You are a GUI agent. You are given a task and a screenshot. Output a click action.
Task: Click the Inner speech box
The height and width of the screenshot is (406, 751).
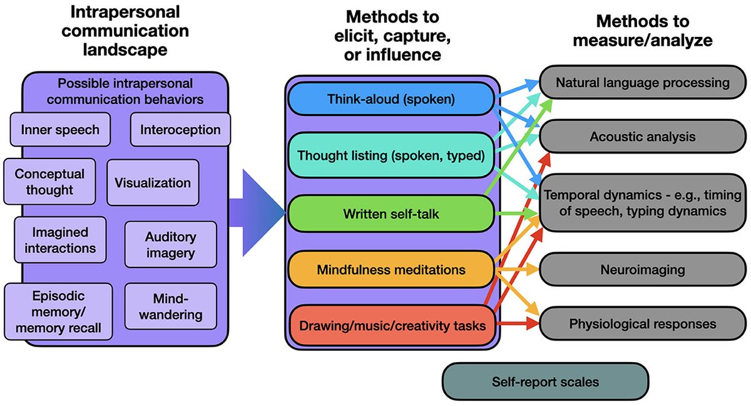[x=60, y=130]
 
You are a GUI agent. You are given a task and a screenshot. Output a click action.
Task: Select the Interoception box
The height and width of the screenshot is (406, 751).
[x=180, y=130]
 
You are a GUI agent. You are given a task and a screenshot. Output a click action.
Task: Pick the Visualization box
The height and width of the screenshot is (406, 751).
[x=153, y=183]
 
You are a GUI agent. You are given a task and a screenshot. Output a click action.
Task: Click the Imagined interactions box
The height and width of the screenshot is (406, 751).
[x=60, y=241]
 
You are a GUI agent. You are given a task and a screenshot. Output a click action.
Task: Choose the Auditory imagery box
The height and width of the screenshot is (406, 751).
[x=170, y=245]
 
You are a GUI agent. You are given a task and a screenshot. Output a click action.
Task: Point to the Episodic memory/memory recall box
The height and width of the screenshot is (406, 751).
[x=58, y=311]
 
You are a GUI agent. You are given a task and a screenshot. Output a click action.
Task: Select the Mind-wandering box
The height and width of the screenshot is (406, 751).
[x=170, y=306]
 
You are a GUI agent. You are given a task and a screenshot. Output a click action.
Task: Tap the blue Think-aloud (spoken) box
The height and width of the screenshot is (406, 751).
[x=391, y=99]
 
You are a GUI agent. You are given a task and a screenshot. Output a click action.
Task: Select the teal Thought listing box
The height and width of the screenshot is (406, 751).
[x=391, y=155]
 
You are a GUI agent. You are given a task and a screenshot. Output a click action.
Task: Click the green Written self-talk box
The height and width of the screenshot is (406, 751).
[x=391, y=214]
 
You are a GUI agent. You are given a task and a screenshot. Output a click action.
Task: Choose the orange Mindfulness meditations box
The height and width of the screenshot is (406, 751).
[x=391, y=270]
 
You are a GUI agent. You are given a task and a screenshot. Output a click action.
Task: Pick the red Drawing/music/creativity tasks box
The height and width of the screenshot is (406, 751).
[x=391, y=325]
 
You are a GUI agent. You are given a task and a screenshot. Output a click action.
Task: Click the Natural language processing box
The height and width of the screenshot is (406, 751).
[x=643, y=83]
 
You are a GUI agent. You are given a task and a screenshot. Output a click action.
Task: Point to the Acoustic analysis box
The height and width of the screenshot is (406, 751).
[x=643, y=136]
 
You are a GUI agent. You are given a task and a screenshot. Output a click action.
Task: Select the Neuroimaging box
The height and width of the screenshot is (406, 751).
[x=643, y=270]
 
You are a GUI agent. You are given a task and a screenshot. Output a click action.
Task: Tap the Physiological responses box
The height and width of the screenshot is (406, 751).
[x=643, y=324]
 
